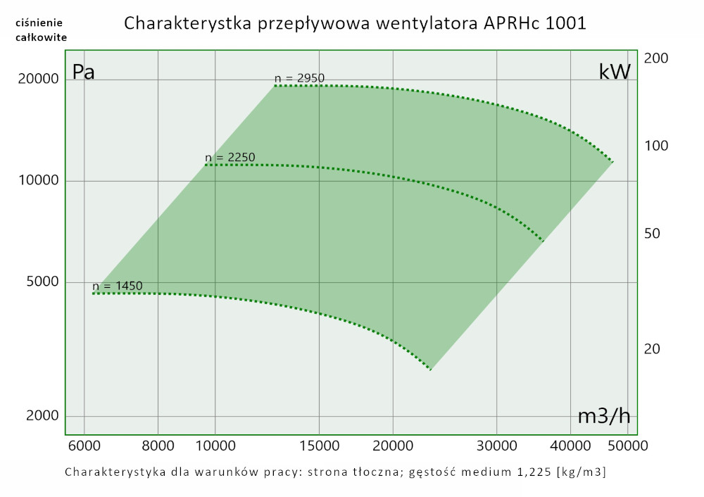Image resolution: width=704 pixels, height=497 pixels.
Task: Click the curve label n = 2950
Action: [299, 78]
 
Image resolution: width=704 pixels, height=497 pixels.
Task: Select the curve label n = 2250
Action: [230, 157]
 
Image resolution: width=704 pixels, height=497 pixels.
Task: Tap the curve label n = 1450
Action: [117, 286]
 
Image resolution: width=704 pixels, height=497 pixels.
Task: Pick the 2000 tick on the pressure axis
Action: [42, 415]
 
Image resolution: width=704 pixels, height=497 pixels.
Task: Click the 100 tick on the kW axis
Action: [656, 146]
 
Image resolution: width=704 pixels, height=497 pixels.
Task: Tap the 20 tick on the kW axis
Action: [653, 349]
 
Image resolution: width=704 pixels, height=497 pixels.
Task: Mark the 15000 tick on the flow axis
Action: [320, 445]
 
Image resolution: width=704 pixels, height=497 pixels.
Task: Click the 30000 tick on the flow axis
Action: [497, 445]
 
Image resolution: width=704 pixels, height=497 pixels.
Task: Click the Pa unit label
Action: [84, 72]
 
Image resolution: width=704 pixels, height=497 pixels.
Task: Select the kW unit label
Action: [614, 72]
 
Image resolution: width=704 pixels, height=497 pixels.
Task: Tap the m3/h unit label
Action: [603, 416]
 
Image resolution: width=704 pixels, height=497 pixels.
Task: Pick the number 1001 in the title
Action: [566, 23]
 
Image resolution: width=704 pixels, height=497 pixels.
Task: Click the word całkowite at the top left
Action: [42, 37]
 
